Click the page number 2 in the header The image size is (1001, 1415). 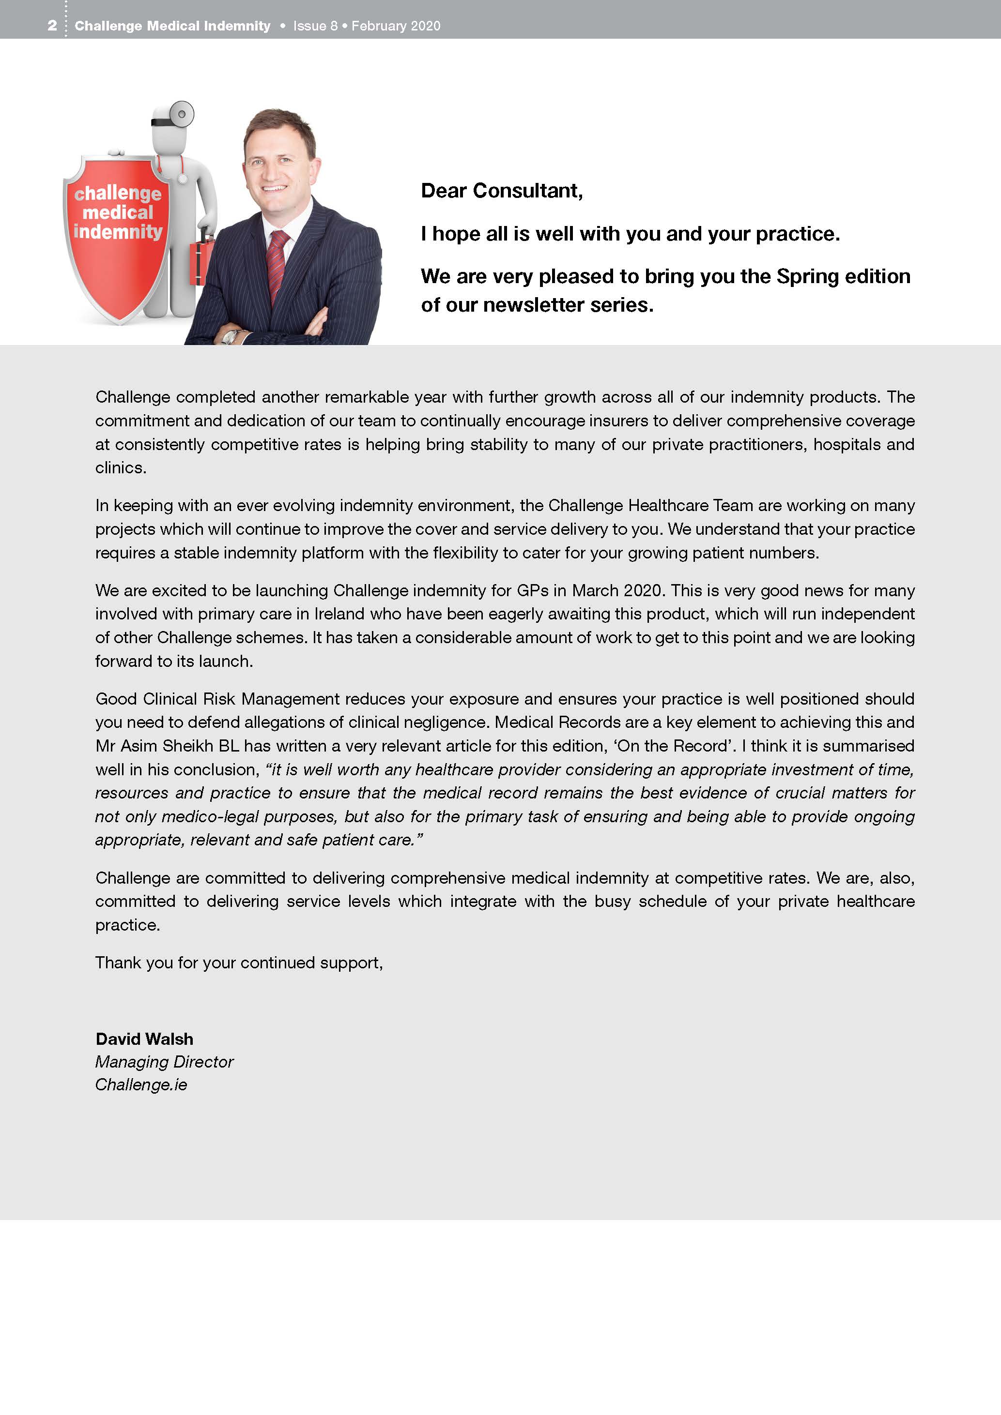coord(52,26)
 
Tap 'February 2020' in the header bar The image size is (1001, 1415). coord(396,26)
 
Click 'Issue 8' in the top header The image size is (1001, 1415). coord(315,26)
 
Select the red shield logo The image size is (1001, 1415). coord(116,241)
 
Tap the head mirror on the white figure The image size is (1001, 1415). coord(181,114)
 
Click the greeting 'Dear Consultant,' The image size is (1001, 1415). coord(501,191)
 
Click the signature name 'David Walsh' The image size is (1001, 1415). coord(144,1039)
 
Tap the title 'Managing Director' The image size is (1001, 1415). coord(164,1062)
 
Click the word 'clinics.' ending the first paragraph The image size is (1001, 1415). coord(121,468)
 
